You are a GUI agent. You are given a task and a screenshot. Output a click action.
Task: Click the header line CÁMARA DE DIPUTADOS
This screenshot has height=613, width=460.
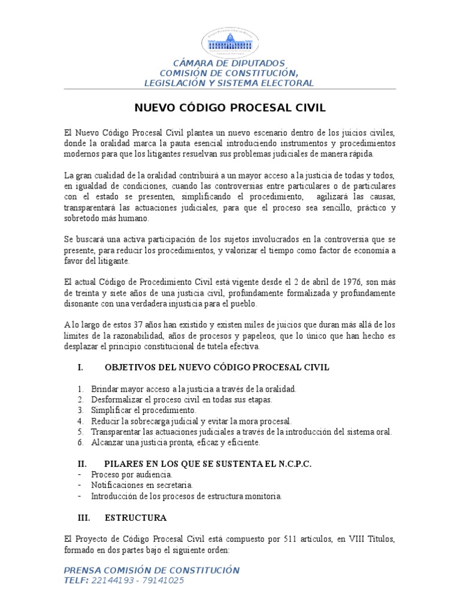point(229,63)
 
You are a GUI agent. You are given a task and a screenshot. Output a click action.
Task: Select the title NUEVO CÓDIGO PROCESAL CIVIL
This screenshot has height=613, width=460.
point(229,108)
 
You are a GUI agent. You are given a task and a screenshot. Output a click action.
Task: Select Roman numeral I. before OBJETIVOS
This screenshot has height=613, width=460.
point(81,367)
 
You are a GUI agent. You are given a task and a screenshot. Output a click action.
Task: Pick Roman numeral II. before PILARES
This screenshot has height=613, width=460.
point(83,463)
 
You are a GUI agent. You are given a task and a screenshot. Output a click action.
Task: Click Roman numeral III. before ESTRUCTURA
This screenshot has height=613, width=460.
point(84,517)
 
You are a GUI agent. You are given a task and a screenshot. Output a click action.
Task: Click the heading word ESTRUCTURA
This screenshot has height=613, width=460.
point(136,517)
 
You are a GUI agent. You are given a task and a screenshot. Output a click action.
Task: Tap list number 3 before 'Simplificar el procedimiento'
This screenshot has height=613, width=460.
point(80,411)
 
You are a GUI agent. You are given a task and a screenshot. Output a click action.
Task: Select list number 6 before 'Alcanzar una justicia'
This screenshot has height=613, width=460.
point(80,443)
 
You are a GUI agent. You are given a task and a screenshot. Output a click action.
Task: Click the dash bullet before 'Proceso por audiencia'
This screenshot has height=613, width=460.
point(80,474)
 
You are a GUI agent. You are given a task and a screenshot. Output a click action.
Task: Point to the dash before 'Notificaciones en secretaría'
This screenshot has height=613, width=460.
point(80,485)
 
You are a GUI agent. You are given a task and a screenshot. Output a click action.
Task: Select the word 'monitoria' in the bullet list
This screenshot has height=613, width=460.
point(262,496)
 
